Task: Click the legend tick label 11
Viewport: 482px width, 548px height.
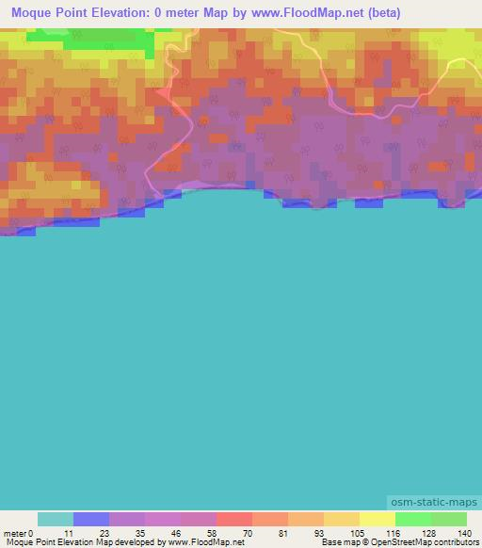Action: pyautogui.click(x=69, y=532)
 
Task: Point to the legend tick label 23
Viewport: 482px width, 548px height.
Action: pyautogui.click(x=104, y=532)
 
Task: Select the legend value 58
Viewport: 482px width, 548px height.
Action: pyautogui.click(x=212, y=532)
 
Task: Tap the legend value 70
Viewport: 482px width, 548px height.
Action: pyautogui.click(x=248, y=532)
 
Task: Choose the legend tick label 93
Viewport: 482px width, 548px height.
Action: pyautogui.click(x=319, y=532)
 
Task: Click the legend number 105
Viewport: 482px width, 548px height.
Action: pyautogui.click(x=355, y=532)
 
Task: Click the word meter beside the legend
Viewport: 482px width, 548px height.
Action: pyautogui.click(x=14, y=532)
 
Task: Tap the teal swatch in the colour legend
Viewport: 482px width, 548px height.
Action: pyautogui.click(x=55, y=519)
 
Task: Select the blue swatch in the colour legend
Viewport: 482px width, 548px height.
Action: pyautogui.click(x=90, y=519)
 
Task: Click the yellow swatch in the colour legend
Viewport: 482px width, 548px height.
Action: pyautogui.click(x=377, y=519)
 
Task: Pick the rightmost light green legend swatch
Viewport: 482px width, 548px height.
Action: pyautogui.click(x=448, y=519)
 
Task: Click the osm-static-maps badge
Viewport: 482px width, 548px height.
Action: pyautogui.click(x=434, y=503)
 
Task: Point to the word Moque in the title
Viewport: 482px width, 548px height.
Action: pyautogui.click(x=35, y=13)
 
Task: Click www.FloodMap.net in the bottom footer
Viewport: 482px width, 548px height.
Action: pyautogui.click(x=204, y=542)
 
